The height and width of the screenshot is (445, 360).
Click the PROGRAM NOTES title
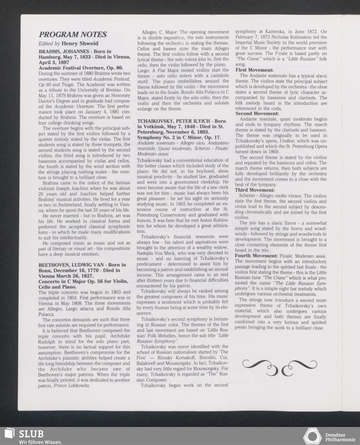click(x=73, y=35)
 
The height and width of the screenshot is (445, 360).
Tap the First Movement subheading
click(x=254, y=70)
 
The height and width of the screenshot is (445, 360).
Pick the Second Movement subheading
click(x=257, y=114)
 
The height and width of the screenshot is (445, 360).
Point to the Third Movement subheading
click(x=255, y=190)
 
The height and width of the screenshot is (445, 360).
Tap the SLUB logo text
click(x=31, y=433)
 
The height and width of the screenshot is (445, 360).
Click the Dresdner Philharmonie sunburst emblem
click(x=312, y=436)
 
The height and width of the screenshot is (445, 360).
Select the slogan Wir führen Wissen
click(x=40, y=442)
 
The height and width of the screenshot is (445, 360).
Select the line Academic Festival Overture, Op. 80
click(x=81, y=68)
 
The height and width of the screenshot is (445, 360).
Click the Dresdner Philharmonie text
click(x=340, y=437)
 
